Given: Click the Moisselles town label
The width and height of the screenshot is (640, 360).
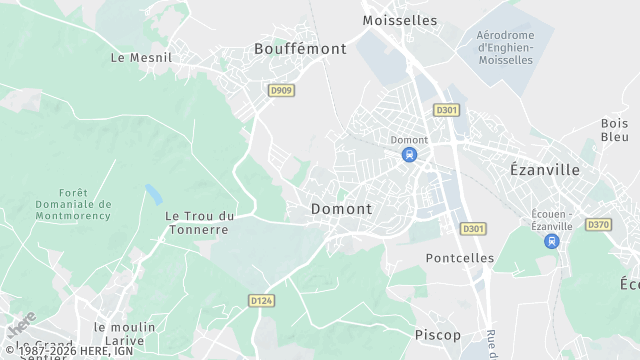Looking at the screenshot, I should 400,20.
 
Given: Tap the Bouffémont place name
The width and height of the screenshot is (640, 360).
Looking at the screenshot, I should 300,48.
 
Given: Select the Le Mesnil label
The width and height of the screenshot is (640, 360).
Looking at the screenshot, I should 141,58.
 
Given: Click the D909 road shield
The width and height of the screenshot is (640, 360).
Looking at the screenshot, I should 282,90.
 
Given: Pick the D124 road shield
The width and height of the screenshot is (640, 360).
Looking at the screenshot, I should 262,300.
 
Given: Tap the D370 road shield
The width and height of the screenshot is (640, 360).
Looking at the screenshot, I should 598,225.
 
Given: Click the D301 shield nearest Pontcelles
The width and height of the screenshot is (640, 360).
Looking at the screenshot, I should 473,229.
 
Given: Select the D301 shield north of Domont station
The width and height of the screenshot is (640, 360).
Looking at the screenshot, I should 446,109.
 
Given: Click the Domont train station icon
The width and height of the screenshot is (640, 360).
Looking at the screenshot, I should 409,155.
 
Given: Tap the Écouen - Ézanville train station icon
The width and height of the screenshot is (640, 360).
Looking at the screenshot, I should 551,242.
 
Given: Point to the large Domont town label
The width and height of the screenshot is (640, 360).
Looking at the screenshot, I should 342,209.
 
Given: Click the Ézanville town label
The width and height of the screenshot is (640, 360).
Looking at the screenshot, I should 545,170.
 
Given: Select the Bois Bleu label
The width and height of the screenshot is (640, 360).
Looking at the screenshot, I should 614,130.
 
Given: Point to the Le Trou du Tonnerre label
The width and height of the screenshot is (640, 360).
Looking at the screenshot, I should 200,222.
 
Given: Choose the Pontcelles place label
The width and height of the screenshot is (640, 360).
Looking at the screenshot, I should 460,258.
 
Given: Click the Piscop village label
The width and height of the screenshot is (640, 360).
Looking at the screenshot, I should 438,334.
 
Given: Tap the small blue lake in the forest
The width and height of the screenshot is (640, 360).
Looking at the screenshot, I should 153,191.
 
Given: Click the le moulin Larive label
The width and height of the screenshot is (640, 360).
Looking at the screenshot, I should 125,334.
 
